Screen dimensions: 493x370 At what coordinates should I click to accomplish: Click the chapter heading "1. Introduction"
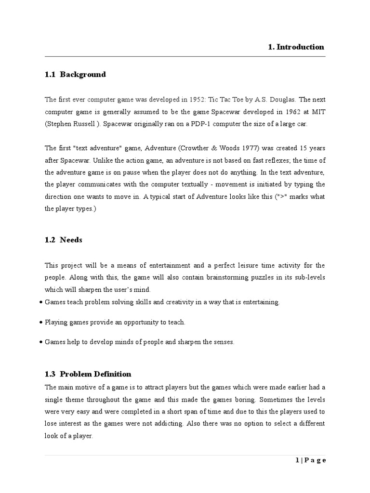[x=296, y=47]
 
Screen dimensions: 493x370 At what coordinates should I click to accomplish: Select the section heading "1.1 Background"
[x=75, y=74]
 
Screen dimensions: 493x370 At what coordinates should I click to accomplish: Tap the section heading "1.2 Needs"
[x=64, y=240]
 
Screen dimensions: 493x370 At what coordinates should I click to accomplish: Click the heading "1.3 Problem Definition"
[x=88, y=374]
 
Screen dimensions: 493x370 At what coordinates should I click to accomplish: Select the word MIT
[x=318, y=112]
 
